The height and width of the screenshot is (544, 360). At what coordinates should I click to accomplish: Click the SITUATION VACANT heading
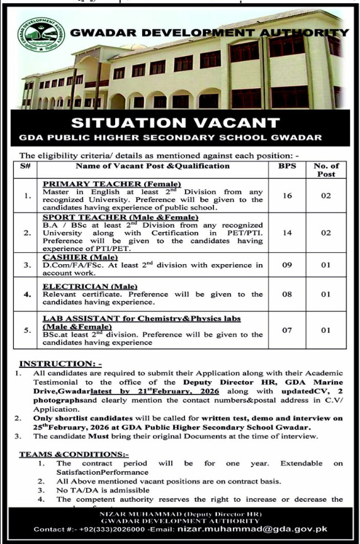[x=180, y=121]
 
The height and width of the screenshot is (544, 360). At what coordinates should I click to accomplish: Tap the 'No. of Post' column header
[x=325, y=170]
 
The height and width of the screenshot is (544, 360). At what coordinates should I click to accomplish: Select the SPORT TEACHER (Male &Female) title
[x=119, y=217]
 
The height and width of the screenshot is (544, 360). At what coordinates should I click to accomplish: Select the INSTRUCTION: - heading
[x=60, y=364]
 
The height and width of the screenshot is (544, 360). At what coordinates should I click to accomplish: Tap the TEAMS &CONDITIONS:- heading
[x=74, y=454]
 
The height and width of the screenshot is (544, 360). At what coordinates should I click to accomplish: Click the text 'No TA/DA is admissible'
[x=101, y=490]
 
